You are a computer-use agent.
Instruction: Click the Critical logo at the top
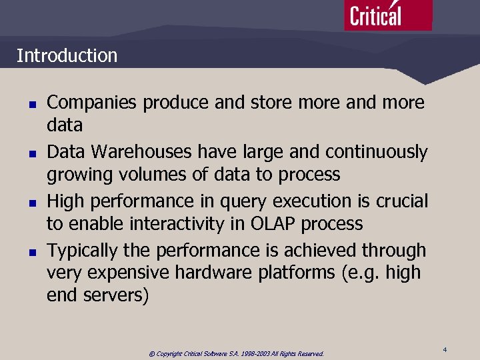point(387,15)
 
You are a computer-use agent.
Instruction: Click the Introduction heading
point(67,55)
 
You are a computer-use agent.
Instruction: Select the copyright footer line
point(236,353)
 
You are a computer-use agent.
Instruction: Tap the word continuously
point(371,152)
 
